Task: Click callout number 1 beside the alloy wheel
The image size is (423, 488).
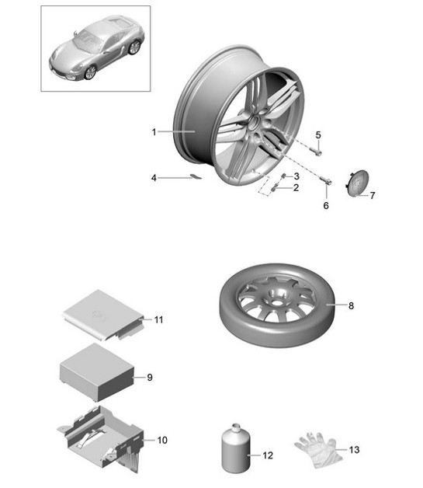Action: (x=154, y=132)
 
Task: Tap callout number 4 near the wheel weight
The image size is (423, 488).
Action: (x=154, y=178)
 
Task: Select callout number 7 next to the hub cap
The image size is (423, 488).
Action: (x=372, y=195)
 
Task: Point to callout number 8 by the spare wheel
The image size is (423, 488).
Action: (x=350, y=305)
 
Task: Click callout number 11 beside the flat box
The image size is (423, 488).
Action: (x=158, y=319)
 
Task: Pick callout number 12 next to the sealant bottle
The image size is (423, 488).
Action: (x=269, y=455)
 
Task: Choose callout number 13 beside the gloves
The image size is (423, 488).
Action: (x=355, y=449)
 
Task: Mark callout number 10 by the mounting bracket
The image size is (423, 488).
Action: (x=162, y=440)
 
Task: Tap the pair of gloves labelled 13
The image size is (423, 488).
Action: (x=317, y=448)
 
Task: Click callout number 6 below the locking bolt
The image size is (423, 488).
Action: (x=326, y=206)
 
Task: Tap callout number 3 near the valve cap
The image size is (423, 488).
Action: (x=296, y=176)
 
